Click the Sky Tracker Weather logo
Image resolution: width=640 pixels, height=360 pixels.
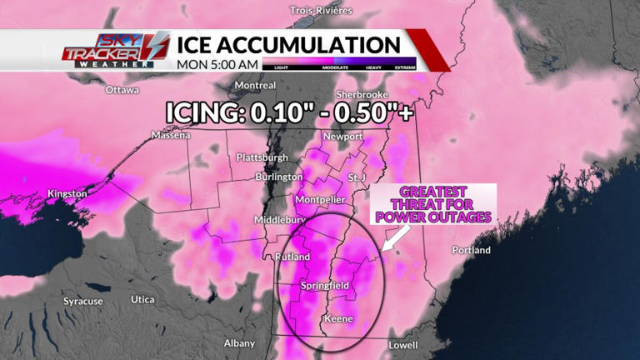click(116, 50)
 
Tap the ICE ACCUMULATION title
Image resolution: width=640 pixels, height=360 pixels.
click(287, 43)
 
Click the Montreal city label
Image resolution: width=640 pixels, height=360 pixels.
click(255, 85)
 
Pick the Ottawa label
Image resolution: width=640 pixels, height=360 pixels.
click(122, 89)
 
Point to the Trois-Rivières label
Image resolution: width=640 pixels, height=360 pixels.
click(321, 10)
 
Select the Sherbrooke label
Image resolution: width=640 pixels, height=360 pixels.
click(364, 94)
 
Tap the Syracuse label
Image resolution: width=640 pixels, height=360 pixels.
click(83, 301)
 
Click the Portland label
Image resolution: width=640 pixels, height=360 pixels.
click(471, 250)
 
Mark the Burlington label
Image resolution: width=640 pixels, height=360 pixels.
click(279, 177)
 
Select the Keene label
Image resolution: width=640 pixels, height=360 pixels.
click(337, 319)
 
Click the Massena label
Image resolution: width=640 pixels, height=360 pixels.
click(172, 135)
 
